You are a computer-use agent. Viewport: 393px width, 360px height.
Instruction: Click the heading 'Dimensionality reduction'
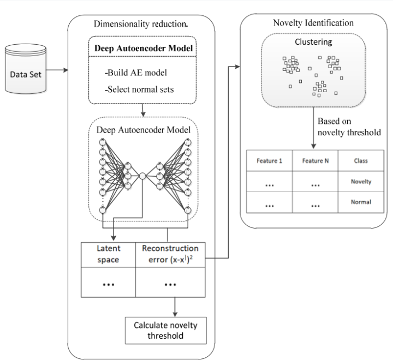point(141,23)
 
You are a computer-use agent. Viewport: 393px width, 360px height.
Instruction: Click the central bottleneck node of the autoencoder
point(142,176)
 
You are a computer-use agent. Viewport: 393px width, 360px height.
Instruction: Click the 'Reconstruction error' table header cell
point(170,253)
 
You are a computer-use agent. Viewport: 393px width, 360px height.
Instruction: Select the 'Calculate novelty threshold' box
point(166,329)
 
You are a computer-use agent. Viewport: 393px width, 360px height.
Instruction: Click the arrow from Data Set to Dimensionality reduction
point(57,70)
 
